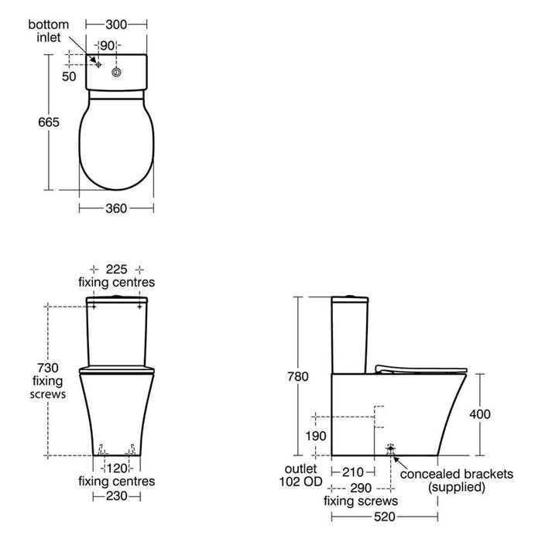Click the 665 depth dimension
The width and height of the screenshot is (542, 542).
(x=49, y=122)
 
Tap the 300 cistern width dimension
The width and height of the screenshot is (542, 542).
(x=116, y=25)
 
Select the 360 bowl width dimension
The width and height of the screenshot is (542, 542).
(x=116, y=208)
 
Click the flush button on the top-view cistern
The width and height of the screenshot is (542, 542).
(x=116, y=72)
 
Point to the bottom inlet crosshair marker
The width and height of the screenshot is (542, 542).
(x=98, y=64)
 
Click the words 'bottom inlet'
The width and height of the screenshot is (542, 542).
(x=48, y=31)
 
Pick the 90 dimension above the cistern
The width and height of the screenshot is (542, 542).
(x=107, y=45)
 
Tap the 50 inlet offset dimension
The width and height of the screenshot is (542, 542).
(x=69, y=77)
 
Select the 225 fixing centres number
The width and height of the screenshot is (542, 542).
(x=116, y=269)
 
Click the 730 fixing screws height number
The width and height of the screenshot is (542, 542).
(x=48, y=368)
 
